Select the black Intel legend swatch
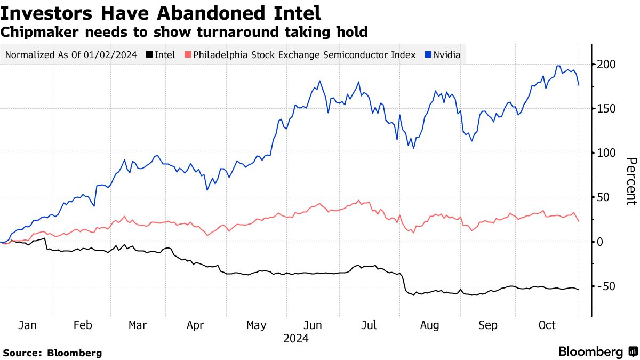coord(150,54)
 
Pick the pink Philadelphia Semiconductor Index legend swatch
coord(187,54)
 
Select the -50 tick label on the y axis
coord(608,286)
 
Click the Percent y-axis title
coord(630,181)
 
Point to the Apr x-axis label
coord(196,325)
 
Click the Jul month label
coord(370,325)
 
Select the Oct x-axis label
coord(547,325)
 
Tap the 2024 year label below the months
coord(295,338)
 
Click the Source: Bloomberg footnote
coord(52,353)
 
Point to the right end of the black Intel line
coord(579,290)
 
